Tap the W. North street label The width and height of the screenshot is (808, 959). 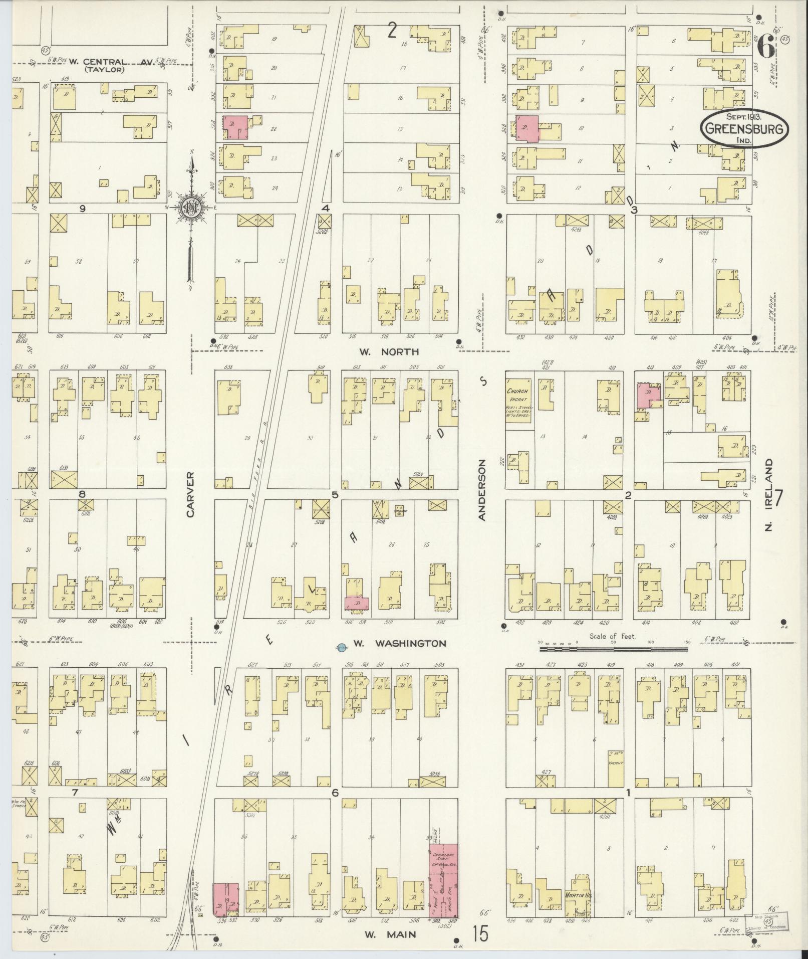[389, 352]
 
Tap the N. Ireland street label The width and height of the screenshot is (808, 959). [769, 494]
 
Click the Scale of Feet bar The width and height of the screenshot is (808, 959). [613, 649]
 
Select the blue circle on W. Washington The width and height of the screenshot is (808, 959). [341, 647]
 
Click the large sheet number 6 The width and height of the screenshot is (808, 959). [764, 46]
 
